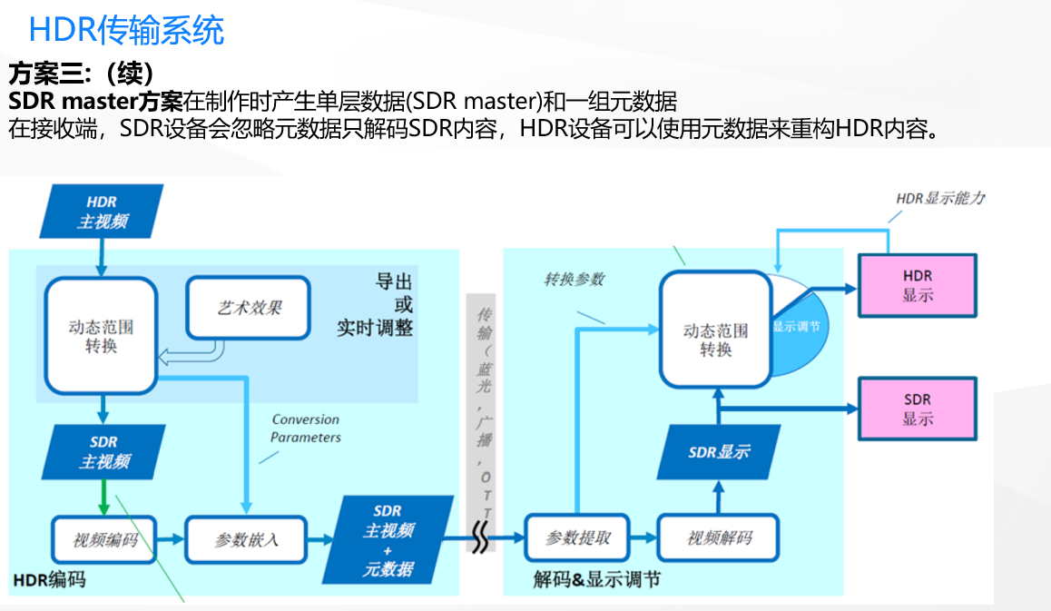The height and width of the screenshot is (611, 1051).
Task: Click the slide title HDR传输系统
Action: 126,30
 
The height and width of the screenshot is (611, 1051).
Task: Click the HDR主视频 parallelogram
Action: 102,212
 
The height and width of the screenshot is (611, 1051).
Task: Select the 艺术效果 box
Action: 248,307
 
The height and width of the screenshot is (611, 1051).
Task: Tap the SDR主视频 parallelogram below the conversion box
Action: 104,451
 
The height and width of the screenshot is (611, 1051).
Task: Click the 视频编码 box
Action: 104,540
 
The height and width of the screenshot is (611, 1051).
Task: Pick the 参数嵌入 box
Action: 246,540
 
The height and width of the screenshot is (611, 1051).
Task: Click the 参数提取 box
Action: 577,537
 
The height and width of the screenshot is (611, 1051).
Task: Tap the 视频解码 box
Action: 719,537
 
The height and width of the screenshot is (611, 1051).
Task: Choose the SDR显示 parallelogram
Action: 718,451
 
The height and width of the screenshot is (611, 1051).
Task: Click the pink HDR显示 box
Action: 917,285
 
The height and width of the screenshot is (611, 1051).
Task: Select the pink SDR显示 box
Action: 917,409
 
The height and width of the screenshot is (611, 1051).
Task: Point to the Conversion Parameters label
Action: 306,429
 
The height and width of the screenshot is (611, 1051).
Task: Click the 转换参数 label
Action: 574,280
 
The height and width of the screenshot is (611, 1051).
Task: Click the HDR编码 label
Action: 49,578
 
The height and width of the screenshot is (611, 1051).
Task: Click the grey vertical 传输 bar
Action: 481,399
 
